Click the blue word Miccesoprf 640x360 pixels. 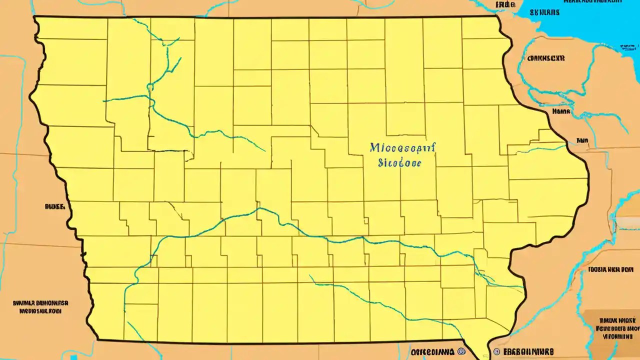[403, 148]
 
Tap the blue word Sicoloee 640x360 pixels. [399, 163]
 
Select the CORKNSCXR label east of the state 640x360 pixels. [546, 58]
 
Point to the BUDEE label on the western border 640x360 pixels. [54, 205]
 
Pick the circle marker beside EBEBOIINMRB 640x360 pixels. [496, 352]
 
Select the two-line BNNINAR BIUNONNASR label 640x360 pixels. [40, 306]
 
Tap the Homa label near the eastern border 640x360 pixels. [560, 112]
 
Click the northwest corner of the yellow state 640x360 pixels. [34, 17]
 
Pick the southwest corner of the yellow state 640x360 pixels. [98, 339]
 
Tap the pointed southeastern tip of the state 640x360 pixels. [484, 356]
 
